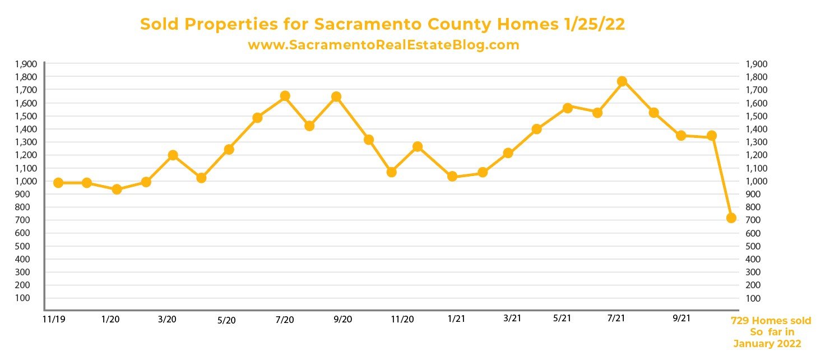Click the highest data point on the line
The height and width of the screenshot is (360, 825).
(x=622, y=81)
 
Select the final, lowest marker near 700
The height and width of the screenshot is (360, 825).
(x=731, y=218)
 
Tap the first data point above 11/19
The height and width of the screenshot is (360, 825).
(x=58, y=183)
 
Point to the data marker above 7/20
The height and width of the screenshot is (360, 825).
(x=285, y=96)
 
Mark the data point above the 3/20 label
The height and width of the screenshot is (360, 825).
(x=173, y=155)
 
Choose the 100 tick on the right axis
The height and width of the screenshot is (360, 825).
(x=753, y=298)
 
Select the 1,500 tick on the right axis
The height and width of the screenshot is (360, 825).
(x=756, y=116)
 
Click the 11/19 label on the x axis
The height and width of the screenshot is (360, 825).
(x=52, y=319)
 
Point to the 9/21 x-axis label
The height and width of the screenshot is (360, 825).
(x=681, y=319)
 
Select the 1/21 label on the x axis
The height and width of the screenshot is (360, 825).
(x=456, y=319)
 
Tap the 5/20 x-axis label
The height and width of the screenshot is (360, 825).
(x=226, y=320)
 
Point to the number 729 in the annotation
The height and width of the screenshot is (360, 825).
(x=741, y=321)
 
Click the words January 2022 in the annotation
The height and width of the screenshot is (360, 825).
(x=767, y=343)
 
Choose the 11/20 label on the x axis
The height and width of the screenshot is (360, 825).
(x=402, y=320)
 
